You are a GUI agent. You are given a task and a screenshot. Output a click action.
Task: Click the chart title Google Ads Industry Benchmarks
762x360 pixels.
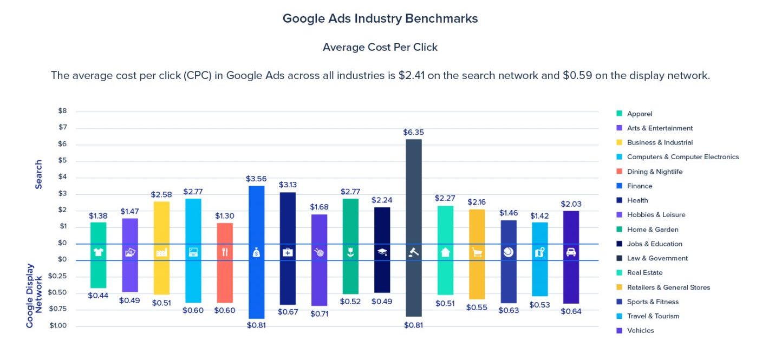(380, 18)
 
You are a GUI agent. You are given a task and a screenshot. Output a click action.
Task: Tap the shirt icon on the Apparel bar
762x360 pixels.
(98, 252)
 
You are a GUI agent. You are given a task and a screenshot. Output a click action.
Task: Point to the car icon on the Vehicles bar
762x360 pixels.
(571, 252)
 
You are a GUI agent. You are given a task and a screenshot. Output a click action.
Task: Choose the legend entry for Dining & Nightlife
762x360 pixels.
(654, 172)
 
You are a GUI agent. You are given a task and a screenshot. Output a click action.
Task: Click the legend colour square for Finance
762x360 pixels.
(619, 186)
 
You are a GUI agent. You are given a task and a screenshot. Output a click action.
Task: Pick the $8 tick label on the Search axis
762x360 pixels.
(63, 111)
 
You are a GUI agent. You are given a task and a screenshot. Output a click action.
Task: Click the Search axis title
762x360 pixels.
(39, 174)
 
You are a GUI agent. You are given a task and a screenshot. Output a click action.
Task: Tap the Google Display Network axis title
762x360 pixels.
(34, 296)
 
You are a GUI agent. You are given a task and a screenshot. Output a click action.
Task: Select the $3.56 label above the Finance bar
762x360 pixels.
(256, 179)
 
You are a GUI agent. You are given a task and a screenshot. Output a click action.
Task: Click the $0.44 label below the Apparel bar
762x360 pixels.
(98, 296)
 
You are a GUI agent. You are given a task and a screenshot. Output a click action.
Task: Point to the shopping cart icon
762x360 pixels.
(477, 252)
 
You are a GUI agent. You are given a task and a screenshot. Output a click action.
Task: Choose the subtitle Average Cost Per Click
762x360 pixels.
(380, 47)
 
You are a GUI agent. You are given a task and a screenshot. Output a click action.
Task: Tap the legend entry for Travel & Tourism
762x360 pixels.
(653, 316)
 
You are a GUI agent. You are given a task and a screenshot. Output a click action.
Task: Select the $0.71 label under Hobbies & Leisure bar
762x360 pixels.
(320, 313)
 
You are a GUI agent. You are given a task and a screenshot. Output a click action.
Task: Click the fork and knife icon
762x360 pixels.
(225, 252)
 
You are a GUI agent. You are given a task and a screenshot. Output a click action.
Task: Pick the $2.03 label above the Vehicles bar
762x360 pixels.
(571, 204)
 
